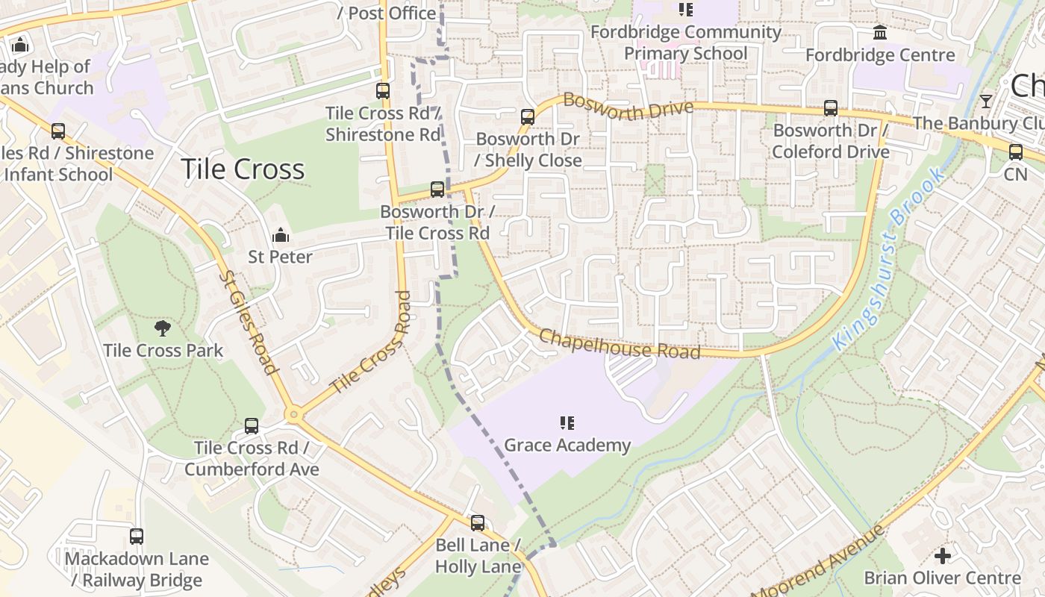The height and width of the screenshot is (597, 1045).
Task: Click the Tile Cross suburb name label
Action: click(x=243, y=169)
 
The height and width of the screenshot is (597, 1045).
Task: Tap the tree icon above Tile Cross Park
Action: click(x=162, y=328)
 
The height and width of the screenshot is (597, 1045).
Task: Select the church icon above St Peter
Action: click(x=281, y=236)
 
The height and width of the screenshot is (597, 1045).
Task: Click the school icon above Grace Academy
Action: click(x=567, y=424)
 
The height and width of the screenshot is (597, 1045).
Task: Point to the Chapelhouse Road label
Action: click(x=620, y=344)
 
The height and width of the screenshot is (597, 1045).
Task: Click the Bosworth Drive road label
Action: click(x=628, y=107)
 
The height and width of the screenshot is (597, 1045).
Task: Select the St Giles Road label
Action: click(x=248, y=322)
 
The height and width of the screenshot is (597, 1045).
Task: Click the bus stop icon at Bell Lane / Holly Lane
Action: click(x=477, y=523)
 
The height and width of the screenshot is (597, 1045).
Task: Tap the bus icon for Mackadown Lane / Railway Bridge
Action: click(x=136, y=537)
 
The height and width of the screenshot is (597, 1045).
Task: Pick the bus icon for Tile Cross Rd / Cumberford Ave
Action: click(x=252, y=426)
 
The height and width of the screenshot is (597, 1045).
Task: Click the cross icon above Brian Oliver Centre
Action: click(x=943, y=556)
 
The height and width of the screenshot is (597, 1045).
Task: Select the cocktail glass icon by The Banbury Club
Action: click(x=986, y=101)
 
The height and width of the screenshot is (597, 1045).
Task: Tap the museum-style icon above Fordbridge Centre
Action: click(x=880, y=33)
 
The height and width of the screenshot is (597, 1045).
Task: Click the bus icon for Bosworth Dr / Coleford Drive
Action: click(x=830, y=108)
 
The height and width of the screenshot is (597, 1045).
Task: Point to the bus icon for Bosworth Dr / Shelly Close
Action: click(x=527, y=117)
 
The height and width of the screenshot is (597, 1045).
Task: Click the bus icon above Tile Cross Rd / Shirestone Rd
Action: click(x=383, y=91)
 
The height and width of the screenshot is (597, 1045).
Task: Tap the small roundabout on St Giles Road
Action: click(x=293, y=414)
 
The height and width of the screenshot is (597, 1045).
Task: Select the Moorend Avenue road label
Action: click(x=817, y=563)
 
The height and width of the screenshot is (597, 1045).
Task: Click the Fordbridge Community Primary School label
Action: click(x=685, y=43)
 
